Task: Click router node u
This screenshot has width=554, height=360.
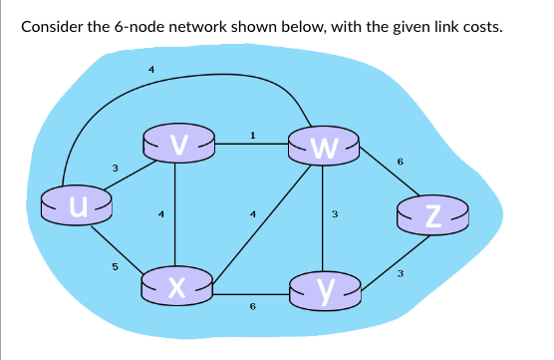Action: coord(76,205)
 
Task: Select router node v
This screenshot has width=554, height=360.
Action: coord(177,146)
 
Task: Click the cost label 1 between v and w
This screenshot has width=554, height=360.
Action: coord(253,134)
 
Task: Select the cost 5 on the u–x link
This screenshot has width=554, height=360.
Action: coord(115,266)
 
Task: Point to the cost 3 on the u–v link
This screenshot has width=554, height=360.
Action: coord(115,168)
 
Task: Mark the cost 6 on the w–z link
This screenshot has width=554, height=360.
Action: coord(400,161)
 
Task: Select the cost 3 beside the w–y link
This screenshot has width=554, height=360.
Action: coord(335,213)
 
